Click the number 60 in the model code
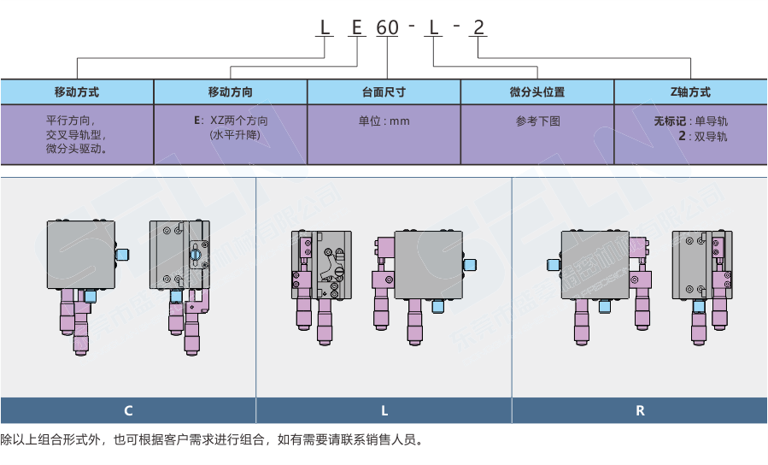tap(388, 27)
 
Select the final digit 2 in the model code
tap(478, 27)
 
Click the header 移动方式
tap(77, 92)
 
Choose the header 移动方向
tap(231, 92)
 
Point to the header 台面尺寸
tap(384, 92)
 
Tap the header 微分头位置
tap(537, 92)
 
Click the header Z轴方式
tap(690, 92)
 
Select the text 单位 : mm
tap(384, 121)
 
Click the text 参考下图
tap(537, 121)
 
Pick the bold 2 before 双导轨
tap(681, 135)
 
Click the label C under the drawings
tap(128, 410)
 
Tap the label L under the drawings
tap(384, 410)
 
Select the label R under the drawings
tap(640, 410)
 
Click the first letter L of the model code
tap(325, 27)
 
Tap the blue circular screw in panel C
tap(196, 254)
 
